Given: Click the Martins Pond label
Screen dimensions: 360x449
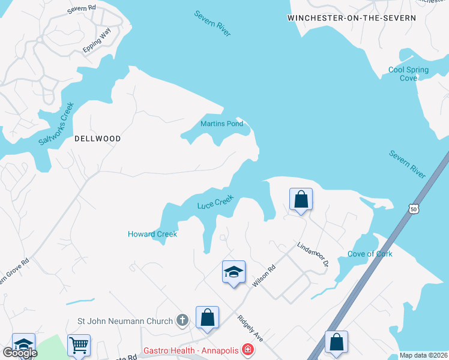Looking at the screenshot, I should [x=221, y=124].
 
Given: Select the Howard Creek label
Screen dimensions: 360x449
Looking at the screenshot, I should [x=152, y=234].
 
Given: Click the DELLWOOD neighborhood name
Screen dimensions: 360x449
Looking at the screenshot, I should [x=97, y=139].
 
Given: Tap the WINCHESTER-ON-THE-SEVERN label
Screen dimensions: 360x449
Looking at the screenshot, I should [x=352, y=18].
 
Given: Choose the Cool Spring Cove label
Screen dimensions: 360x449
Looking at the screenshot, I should [x=408, y=74].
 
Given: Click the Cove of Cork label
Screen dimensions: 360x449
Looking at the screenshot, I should [x=370, y=254].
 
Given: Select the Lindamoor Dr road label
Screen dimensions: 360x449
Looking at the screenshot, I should [x=312, y=255].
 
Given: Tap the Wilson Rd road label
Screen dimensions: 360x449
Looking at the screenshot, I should [x=264, y=275].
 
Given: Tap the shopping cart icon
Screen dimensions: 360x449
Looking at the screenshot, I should [x=79, y=344].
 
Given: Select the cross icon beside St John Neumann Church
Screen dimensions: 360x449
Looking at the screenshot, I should [x=182, y=321].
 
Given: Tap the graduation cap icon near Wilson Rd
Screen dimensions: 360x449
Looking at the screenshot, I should [x=234, y=272].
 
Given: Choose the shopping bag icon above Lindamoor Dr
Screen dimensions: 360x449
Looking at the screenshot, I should [x=301, y=199].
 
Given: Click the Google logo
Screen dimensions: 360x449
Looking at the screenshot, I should [x=19, y=353].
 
